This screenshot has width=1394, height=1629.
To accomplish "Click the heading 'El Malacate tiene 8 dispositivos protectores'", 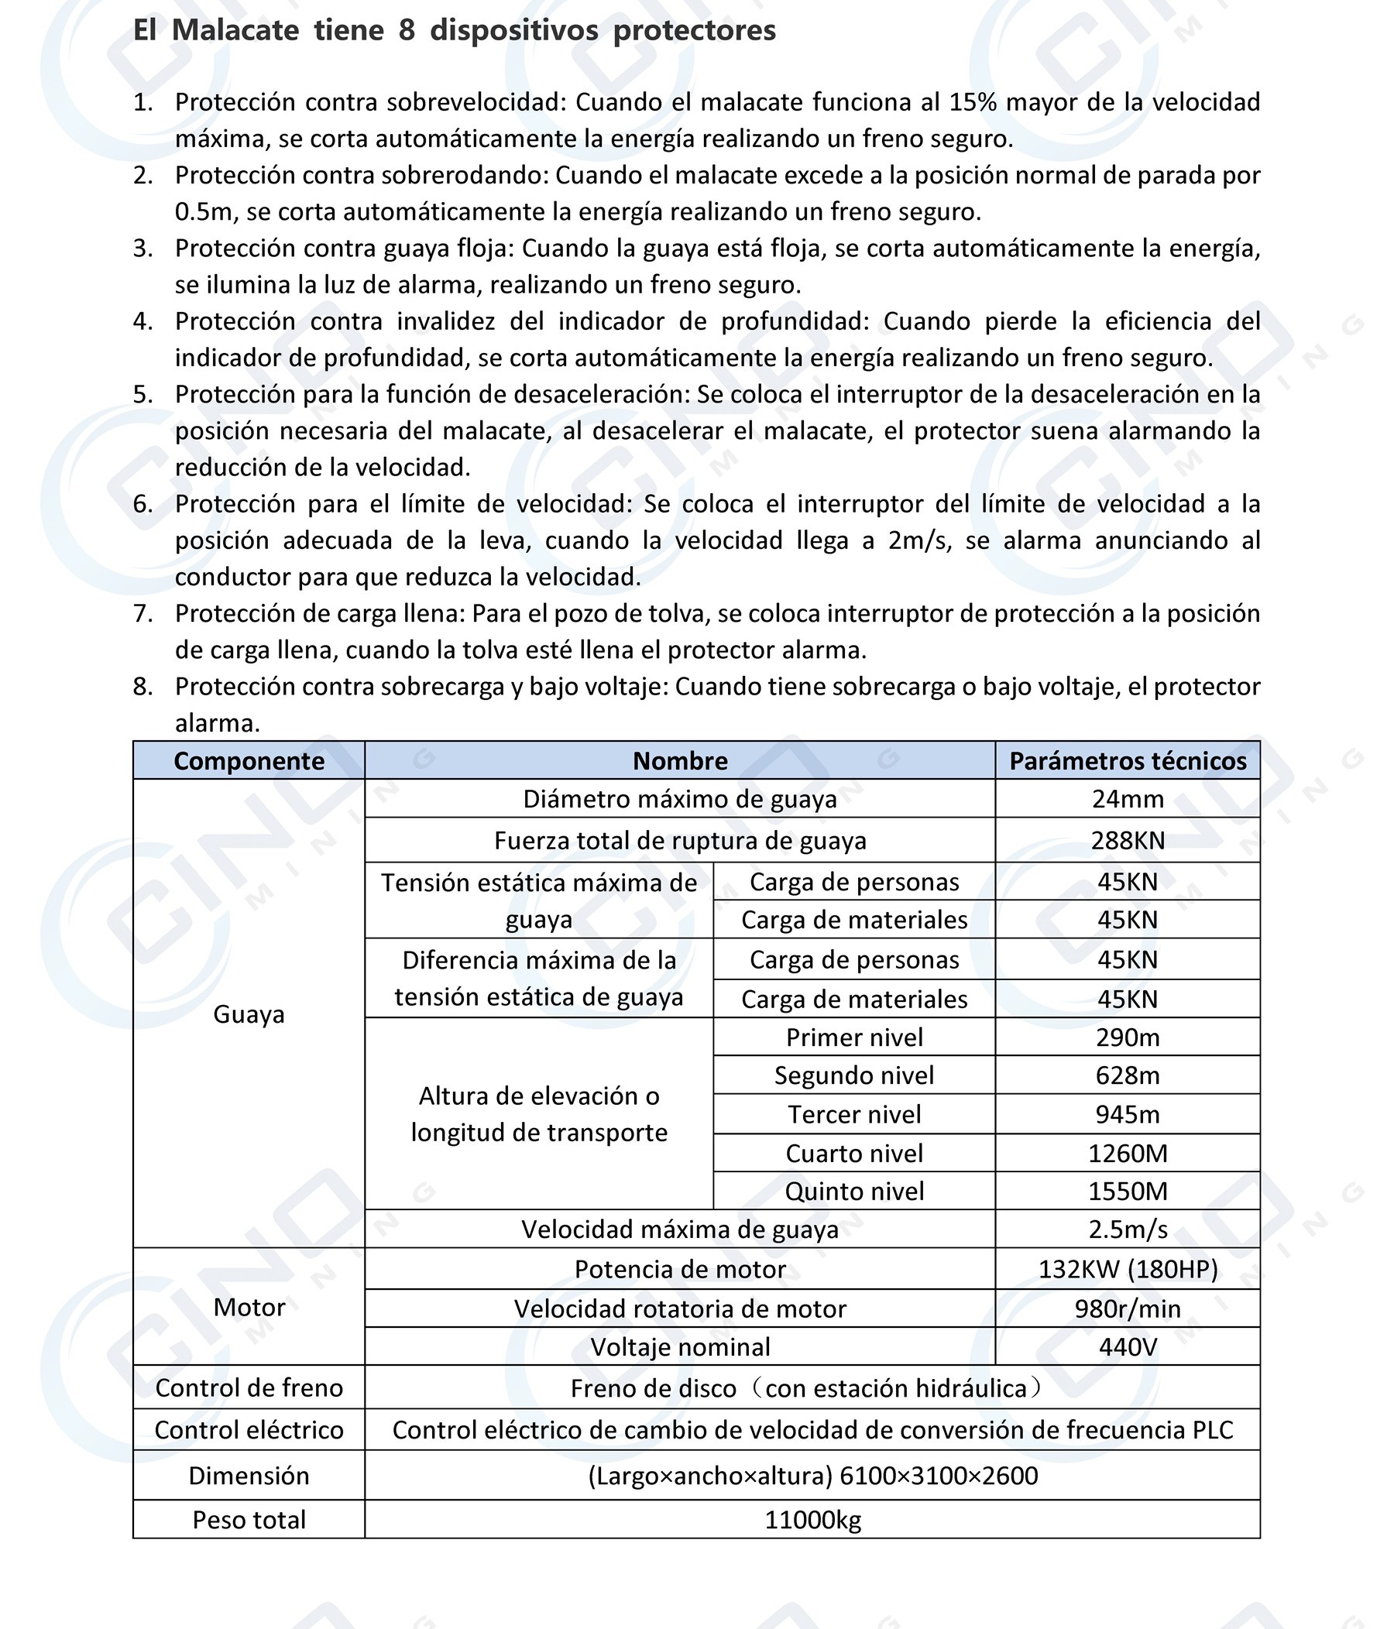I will click(x=454, y=31).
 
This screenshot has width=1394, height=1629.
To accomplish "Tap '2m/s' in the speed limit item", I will click(x=918, y=541).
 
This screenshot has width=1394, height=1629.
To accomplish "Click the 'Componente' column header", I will click(x=249, y=761).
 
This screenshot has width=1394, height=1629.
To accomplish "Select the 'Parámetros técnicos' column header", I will click(x=1127, y=761).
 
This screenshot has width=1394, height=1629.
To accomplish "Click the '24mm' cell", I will click(x=1127, y=800).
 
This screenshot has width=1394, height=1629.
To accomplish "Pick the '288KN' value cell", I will click(x=1127, y=842).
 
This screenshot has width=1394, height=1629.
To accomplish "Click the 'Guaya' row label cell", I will click(x=249, y=1014).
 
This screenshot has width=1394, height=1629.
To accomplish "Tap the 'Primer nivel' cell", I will click(x=854, y=1037).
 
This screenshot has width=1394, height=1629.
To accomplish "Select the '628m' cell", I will click(x=1127, y=1075).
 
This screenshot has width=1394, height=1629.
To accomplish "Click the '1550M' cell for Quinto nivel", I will click(x=1127, y=1191).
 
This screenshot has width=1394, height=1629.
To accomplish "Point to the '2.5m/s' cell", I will click(x=1127, y=1229).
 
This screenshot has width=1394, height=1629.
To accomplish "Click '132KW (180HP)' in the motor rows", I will click(x=1127, y=1270).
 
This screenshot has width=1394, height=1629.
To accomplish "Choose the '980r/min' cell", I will click(x=1127, y=1309).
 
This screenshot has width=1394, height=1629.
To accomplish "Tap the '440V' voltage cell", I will click(x=1127, y=1347).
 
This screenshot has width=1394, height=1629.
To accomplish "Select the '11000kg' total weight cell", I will click(x=812, y=1520).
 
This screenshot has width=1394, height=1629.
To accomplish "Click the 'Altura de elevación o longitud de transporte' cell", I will click(x=538, y=1114).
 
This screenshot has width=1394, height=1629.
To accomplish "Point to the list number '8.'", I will click(x=143, y=687).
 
